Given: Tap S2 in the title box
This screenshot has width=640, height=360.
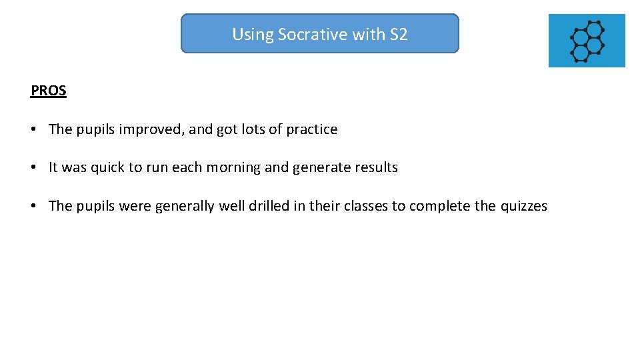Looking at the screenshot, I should [398, 34].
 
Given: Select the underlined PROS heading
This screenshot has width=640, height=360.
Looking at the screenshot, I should [49, 91].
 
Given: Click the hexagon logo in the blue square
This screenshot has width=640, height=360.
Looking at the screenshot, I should [587, 41].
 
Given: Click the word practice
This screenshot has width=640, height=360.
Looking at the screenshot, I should [312, 129].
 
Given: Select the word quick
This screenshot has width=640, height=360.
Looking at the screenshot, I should [108, 168].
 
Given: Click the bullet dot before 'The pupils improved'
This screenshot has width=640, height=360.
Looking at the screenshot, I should [33, 129].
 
